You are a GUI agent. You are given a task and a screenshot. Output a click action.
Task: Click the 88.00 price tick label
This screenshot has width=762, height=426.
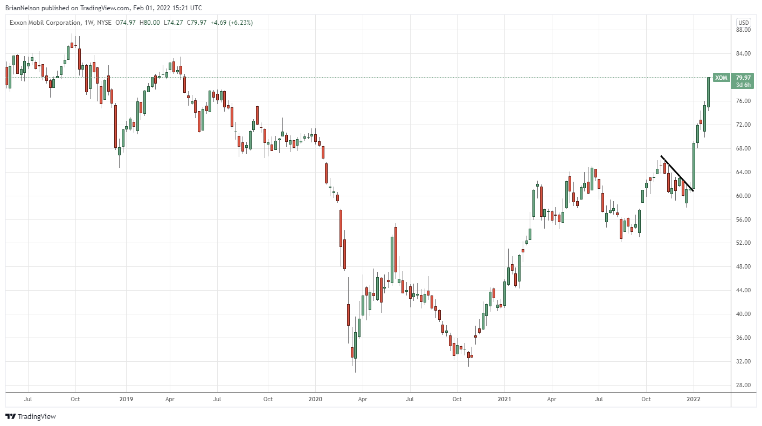(x=744, y=30)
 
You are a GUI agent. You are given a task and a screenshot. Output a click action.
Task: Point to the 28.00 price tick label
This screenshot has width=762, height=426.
(x=744, y=385)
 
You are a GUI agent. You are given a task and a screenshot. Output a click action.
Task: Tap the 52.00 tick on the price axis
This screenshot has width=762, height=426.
(x=744, y=243)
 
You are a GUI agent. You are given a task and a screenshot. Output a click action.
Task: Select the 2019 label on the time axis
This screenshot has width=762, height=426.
(x=126, y=400)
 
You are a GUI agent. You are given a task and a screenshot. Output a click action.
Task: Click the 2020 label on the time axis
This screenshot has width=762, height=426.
(x=315, y=400)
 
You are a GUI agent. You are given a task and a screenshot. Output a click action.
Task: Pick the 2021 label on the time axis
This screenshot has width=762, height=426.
(x=504, y=400)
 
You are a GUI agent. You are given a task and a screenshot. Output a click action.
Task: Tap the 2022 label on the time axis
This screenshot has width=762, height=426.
(x=694, y=400)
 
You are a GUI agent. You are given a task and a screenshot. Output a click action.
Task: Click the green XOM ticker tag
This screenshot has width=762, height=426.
(x=721, y=78)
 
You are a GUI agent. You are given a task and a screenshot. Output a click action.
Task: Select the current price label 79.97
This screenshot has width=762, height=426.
(x=744, y=78)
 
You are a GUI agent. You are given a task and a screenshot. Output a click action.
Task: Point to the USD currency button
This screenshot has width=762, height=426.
(x=744, y=22)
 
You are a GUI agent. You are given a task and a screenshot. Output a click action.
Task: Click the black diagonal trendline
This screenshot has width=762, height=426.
(x=677, y=173)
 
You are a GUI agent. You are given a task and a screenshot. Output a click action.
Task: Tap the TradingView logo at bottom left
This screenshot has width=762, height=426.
(x=31, y=416)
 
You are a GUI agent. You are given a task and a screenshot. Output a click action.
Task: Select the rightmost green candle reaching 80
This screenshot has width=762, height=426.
(x=708, y=92)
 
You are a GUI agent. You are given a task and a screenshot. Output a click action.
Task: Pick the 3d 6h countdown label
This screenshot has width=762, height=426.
(x=744, y=85)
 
